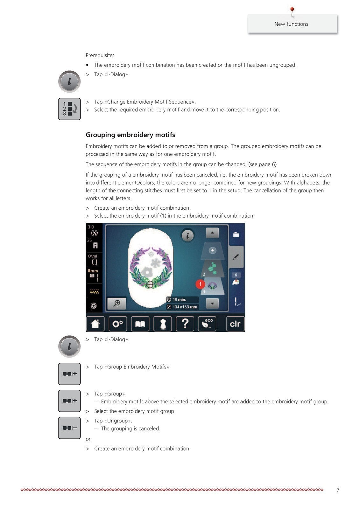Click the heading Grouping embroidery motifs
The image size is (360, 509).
[130, 135]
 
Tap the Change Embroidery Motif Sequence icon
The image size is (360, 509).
[69, 109]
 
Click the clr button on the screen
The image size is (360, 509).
[235, 324]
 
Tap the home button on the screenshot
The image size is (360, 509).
[95, 324]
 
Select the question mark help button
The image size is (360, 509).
[185, 324]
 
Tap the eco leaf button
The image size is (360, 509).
[207, 324]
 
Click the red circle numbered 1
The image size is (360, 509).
[200, 284]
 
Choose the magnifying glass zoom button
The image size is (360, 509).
[117, 303]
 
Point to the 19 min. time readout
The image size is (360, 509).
[182, 300]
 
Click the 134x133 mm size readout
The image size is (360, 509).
[182, 307]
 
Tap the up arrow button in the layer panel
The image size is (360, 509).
[212, 233]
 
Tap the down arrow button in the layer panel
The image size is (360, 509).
[212, 303]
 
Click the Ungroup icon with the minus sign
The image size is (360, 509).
[69, 428]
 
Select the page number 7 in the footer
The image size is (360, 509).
[338, 491]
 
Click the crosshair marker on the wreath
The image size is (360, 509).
[150, 284]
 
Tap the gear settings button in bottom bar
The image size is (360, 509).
[118, 324]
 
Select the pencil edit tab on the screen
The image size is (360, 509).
[236, 257]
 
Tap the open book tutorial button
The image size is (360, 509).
[140, 324]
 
